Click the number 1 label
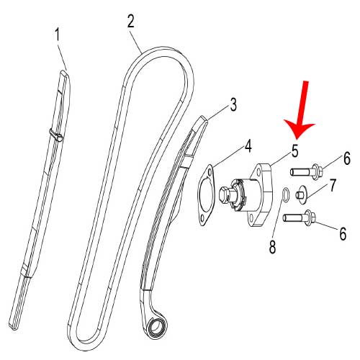[x=58, y=33]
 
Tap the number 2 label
[x=130, y=20]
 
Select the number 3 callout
[x=233, y=105]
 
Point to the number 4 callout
[x=247, y=146]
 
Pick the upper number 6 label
[x=346, y=158]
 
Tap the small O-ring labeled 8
[x=287, y=194]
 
